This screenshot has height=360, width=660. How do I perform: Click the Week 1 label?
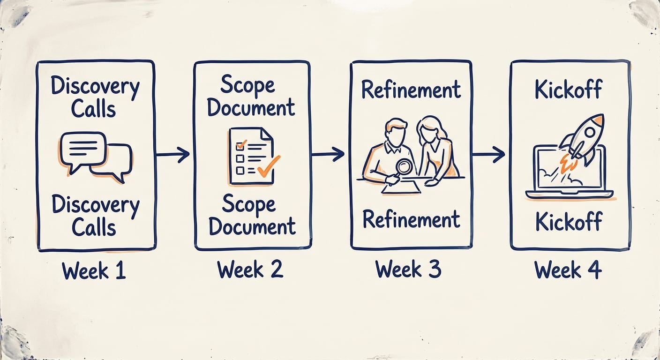point(94,270)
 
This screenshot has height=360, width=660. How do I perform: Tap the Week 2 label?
point(250,269)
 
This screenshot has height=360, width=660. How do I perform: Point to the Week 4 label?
point(568,270)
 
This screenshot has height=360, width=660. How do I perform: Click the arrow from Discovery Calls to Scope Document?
point(173,154)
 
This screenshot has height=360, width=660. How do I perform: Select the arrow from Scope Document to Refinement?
point(328,154)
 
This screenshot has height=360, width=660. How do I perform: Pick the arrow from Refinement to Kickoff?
point(488,154)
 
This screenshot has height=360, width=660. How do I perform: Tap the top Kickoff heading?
point(569,89)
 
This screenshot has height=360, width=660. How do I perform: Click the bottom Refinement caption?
point(412,219)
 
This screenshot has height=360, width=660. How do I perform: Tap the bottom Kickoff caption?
point(569,221)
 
